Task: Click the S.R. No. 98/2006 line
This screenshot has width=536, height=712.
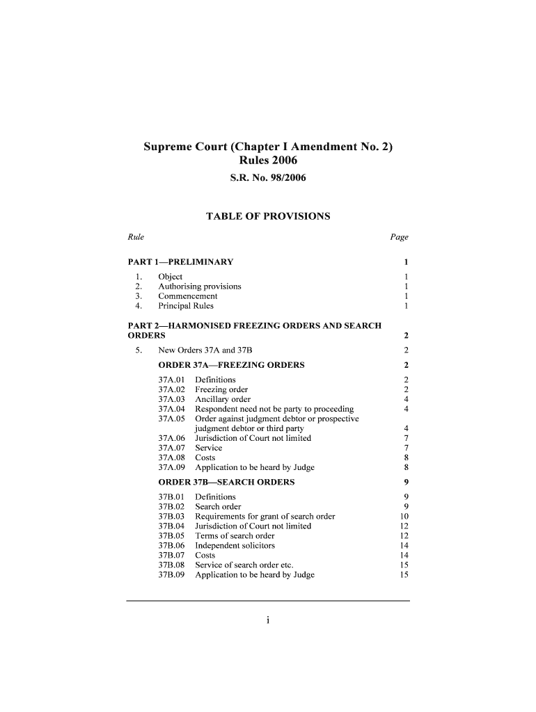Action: click(267, 179)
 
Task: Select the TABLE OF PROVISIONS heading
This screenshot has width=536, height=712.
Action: click(268, 216)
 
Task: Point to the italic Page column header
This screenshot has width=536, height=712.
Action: click(399, 237)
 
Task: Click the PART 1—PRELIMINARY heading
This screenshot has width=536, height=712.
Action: click(181, 262)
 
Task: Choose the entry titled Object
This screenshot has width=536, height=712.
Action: click(171, 277)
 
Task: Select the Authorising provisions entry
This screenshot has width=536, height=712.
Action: click(200, 286)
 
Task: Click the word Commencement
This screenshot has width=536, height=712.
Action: click(188, 296)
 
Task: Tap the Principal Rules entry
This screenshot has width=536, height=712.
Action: click(186, 306)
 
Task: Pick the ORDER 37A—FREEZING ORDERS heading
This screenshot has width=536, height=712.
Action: click(231, 365)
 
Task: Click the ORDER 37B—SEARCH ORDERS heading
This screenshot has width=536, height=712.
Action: click(226, 482)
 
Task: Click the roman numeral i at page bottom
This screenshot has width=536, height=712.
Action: click(267, 622)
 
